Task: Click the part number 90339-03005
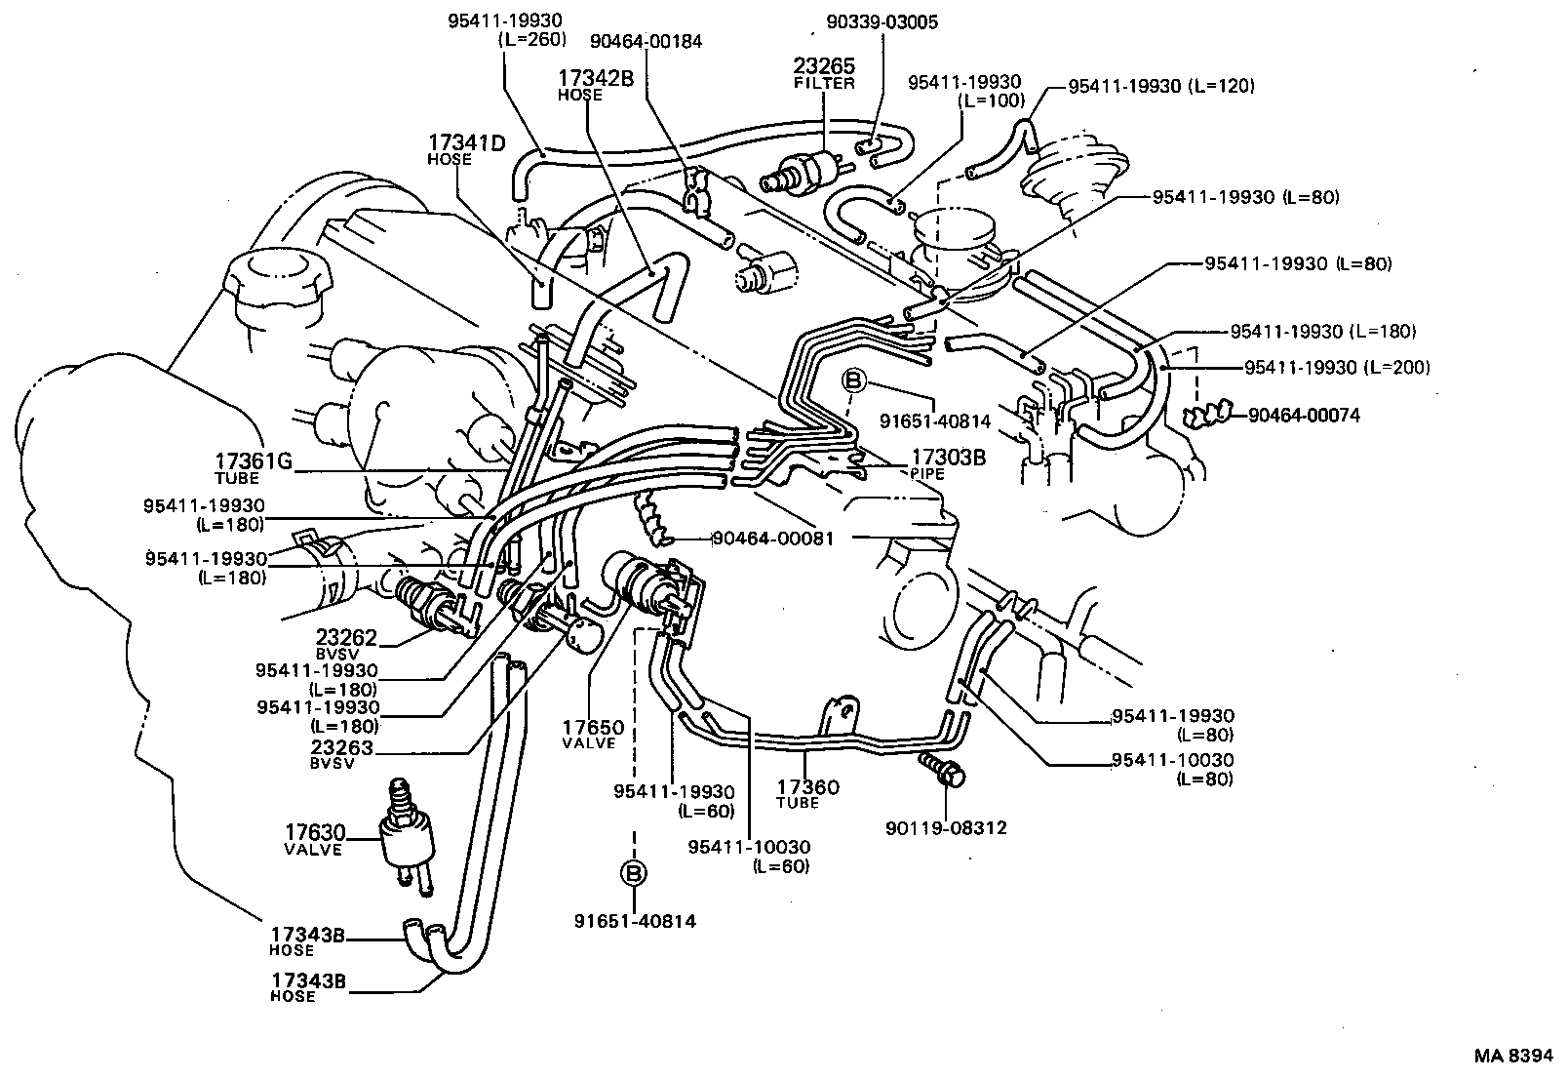882,22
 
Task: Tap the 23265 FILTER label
823,73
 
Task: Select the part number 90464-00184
646,42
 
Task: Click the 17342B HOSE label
594,85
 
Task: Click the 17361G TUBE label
253,468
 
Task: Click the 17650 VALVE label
591,734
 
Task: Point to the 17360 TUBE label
807,793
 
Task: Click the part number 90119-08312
946,828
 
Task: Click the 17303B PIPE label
948,461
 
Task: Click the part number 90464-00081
772,538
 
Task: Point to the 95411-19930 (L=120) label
1161,86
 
